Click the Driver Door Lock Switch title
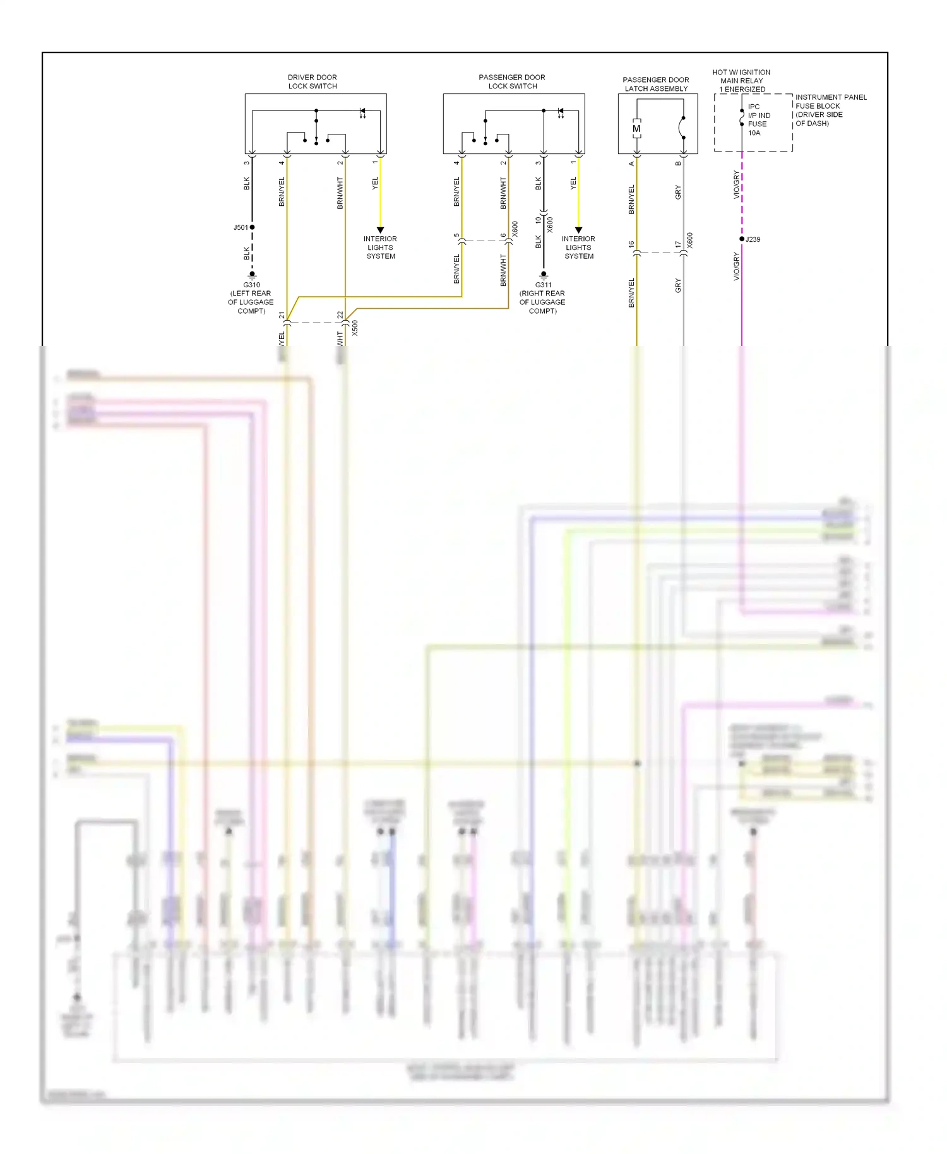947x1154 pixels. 313,81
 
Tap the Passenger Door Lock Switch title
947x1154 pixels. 512,81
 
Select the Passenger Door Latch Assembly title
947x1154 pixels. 656,84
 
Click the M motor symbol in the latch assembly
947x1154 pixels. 636,129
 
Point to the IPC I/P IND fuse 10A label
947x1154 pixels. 758,120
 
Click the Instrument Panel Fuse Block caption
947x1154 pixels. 830,110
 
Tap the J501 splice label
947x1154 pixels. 240,227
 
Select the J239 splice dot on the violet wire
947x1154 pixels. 742,239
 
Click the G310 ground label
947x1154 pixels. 251,285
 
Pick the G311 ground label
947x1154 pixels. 543,285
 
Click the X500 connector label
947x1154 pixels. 355,328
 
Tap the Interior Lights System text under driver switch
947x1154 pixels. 380,247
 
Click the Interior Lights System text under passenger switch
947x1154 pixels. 578,247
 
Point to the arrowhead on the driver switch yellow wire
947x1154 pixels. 380,230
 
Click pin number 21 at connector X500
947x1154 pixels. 282,314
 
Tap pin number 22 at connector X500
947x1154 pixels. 340,314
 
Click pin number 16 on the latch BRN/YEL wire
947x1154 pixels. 631,244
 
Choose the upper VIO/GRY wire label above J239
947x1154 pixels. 736,184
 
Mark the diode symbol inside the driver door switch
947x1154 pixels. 362,112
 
